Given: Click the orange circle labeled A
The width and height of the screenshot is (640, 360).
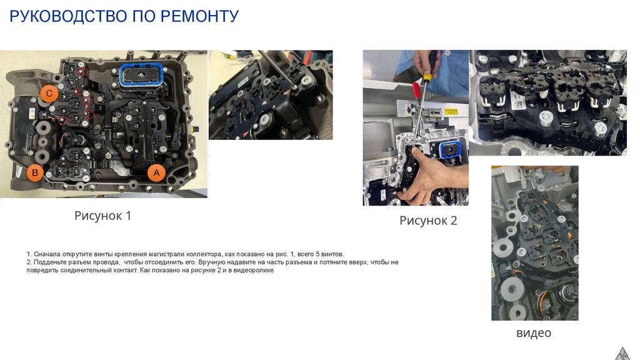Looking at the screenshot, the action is tap(156, 172).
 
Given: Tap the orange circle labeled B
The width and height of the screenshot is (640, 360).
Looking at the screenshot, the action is tap(35, 172).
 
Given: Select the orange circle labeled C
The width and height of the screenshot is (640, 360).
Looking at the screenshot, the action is tap(49, 94).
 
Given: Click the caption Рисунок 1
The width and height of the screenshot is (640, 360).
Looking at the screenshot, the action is tap(103, 216).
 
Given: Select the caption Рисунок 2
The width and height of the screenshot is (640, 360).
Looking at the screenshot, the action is tap(428, 221).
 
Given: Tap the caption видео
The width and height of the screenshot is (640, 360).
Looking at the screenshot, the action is tap(534, 332).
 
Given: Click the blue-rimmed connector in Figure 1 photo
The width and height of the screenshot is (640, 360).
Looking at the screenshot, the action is tap(142, 75).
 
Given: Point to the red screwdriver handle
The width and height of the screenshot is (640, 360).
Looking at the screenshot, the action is tap(416, 91).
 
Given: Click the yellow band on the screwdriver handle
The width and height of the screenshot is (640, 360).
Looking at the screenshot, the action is tap(427, 76).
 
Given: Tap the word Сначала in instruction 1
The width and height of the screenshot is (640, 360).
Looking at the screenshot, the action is tap(45, 254).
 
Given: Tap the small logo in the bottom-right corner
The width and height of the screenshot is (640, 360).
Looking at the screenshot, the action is tap(622, 354).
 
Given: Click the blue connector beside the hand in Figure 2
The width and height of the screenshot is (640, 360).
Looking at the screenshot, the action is tap(451, 150).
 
